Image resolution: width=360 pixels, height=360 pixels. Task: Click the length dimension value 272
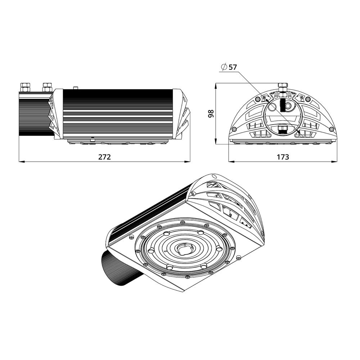(104, 157)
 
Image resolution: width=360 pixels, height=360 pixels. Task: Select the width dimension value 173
(283, 157)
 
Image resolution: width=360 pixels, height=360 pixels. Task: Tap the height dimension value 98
(211, 113)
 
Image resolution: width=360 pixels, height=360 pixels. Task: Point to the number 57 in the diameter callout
(233, 67)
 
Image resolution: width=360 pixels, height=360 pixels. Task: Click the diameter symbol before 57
(224, 67)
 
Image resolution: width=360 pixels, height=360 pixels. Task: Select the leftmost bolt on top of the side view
(25, 87)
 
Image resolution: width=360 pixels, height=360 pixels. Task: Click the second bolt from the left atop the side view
(47, 87)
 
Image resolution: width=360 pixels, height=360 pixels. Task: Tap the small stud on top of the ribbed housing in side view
(76, 87)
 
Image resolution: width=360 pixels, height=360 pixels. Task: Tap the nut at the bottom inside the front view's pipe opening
(283, 129)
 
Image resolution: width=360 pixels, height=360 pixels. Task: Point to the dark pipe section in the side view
(34, 117)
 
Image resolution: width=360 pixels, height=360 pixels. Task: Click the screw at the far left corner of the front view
(234, 129)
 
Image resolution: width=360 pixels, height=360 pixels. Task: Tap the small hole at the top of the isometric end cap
(214, 176)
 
